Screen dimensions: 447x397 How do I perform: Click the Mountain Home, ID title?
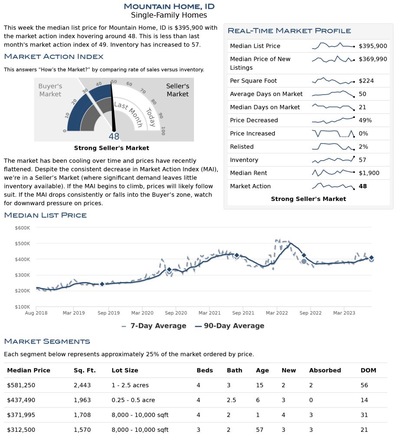(169, 6)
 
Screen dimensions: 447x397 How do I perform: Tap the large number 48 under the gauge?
(114, 136)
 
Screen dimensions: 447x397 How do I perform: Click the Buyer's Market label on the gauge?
(50, 90)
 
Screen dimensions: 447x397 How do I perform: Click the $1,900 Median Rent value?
(369, 173)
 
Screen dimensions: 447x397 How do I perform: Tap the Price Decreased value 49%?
(365, 120)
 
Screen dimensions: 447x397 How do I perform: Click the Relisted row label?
(242, 147)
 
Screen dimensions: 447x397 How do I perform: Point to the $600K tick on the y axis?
(22, 228)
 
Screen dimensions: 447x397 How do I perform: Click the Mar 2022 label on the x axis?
(277, 312)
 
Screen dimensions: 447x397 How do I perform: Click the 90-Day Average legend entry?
(230, 326)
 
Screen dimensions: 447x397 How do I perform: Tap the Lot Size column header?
(125, 370)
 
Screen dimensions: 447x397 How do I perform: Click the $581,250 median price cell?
(21, 385)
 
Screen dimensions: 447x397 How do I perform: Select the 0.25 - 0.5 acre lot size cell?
(133, 400)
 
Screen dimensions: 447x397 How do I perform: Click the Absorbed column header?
(325, 370)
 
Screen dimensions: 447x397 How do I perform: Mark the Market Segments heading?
(47, 342)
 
